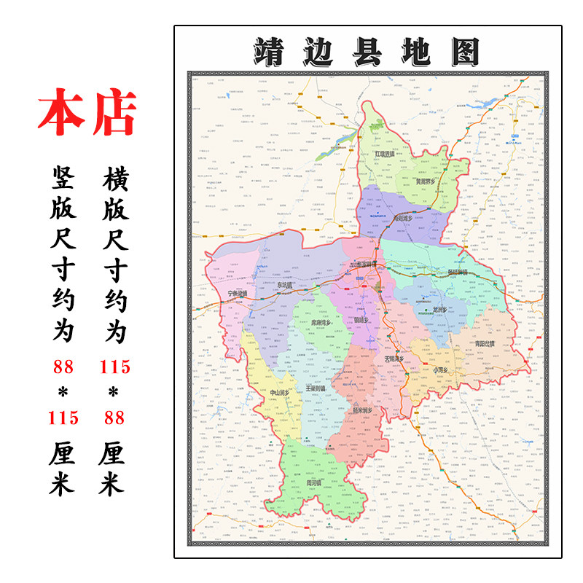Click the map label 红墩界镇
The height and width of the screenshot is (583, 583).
coord(384,154)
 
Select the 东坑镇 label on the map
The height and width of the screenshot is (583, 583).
coord(289,285)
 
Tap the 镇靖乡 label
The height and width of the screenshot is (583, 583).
coord(362,319)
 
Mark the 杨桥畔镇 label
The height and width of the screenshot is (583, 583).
coord(458,273)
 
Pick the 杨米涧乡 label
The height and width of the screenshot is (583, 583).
coord(362,410)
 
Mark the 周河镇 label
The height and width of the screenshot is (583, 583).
coord(315,482)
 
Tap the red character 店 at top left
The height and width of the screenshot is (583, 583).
coord(114,114)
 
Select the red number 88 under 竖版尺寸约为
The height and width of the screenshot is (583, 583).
coord(63,367)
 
